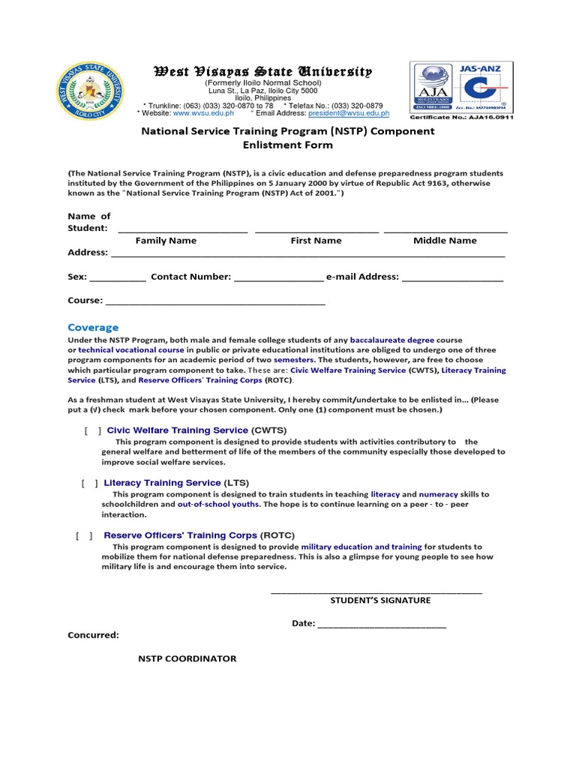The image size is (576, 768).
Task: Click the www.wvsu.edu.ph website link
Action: coord(203,113)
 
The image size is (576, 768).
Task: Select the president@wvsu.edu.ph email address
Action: coord(349,113)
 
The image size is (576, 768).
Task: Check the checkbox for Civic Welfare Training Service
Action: coord(94,430)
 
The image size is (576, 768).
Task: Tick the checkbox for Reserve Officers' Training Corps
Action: coord(85,535)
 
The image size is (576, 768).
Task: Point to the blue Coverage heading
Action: coord(93,328)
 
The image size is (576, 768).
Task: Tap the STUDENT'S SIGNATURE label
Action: coord(380,601)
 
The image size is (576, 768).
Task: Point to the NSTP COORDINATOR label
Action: coord(187,659)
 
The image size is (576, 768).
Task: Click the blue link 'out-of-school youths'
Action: coord(217,505)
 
